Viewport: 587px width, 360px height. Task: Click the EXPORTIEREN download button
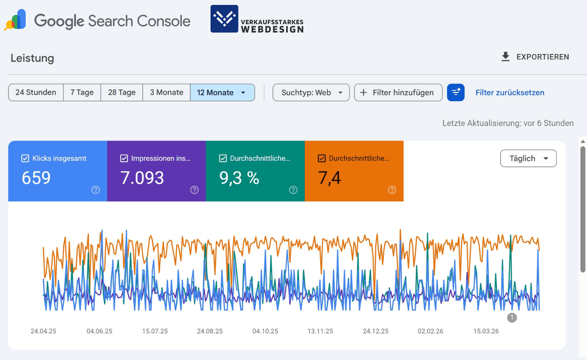(x=535, y=57)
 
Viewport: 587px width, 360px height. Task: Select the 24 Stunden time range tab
(x=36, y=93)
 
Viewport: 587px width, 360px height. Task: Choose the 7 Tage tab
(x=82, y=93)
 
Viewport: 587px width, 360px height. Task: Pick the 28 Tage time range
(x=122, y=93)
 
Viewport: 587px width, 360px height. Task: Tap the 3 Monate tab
(x=166, y=93)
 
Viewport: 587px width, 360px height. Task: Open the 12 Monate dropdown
(x=222, y=93)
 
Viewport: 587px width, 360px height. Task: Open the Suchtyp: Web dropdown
(x=311, y=93)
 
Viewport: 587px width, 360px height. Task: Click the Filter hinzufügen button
(x=398, y=93)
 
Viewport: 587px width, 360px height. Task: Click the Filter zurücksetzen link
(x=510, y=93)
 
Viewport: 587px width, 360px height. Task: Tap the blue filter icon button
(x=455, y=93)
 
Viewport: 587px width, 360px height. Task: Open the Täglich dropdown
(x=528, y=158)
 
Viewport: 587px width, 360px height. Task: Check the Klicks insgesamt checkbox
(x=25, y=158)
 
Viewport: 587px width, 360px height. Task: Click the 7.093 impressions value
(x=142, y=178)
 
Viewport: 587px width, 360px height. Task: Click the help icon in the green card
(x=293, y=190)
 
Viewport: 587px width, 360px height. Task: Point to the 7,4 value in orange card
(x=329, y=178)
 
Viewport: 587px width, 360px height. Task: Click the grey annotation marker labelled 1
(x=512, y=318)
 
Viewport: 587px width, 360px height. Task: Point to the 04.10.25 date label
(x=265, y=331)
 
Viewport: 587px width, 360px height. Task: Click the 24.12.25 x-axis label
(x=375, y=331)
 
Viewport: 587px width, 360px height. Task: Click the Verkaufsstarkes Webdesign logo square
(x=224, y=19)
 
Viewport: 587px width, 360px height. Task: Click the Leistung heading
(x=32, y=58)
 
